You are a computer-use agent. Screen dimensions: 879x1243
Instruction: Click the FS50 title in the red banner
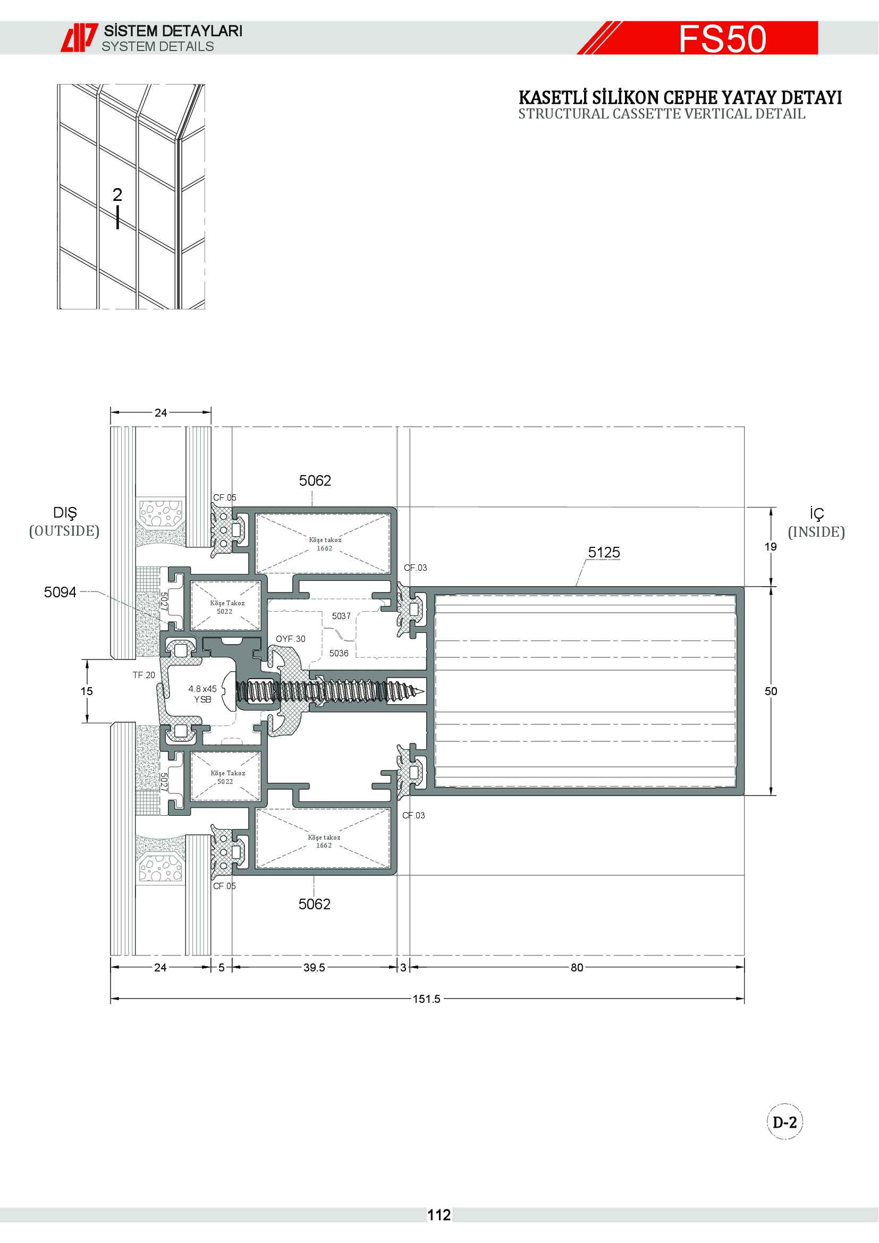(x=722, y=38)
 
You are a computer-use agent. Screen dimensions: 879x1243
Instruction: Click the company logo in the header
(x=79, y=37)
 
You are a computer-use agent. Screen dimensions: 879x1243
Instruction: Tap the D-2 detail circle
(x=785, y=1122)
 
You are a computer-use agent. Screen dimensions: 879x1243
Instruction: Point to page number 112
(x=439, y=1215)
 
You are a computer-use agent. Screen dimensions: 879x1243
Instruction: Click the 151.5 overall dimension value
(x=427, y=999)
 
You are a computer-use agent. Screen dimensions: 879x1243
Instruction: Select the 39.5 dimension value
(x=314, y=967)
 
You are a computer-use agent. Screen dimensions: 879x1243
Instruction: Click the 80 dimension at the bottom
(x=577, y=967)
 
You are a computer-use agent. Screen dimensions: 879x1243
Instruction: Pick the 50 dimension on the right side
(x=771, y=691)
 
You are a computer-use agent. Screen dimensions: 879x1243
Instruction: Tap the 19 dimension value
(x=771, y=547)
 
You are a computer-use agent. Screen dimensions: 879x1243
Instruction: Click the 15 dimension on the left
(x=87, y=691)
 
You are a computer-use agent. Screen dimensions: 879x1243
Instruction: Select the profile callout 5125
(x=604, y=552)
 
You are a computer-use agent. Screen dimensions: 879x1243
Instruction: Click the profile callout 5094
(x=60, y=592)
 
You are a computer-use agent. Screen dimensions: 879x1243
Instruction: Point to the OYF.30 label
(x=291, y=639)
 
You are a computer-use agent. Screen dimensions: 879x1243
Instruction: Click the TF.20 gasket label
(x=144, y=675)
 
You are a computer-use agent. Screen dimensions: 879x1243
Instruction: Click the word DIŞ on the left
(x=65, y=513)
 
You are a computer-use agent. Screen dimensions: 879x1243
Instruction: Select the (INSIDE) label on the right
(x=816, y=532)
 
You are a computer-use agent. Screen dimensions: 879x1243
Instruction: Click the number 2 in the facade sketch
(x=117, y=195)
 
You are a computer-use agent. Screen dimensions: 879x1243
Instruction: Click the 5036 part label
(x=339, y=654)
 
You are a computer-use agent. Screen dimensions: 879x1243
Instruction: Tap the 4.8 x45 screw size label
(x=202, y=689)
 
